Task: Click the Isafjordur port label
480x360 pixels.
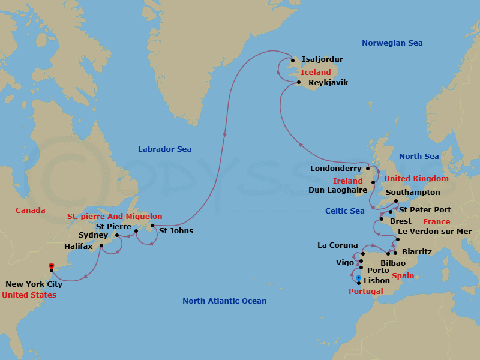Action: (323, 59)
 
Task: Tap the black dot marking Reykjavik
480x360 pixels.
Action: (299, 82)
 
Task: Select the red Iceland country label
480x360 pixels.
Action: (316, 72)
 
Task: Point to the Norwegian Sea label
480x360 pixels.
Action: (392, 43)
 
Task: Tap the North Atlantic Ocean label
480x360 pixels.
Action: (224, 301)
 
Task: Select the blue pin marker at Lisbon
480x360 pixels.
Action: (358, 278)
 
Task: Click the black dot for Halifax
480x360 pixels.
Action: (101, 245)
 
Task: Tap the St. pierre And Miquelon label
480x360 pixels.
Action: (115, 217)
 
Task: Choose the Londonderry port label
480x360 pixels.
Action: (336, 169)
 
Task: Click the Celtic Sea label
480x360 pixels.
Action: (344, 211)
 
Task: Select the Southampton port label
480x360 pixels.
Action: (413, 193)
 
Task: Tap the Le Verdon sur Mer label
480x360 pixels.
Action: (434, 232)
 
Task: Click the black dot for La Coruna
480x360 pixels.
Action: (363, 254)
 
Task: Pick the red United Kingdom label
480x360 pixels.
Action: (416, 179)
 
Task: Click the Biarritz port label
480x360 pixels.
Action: (416, 251)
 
